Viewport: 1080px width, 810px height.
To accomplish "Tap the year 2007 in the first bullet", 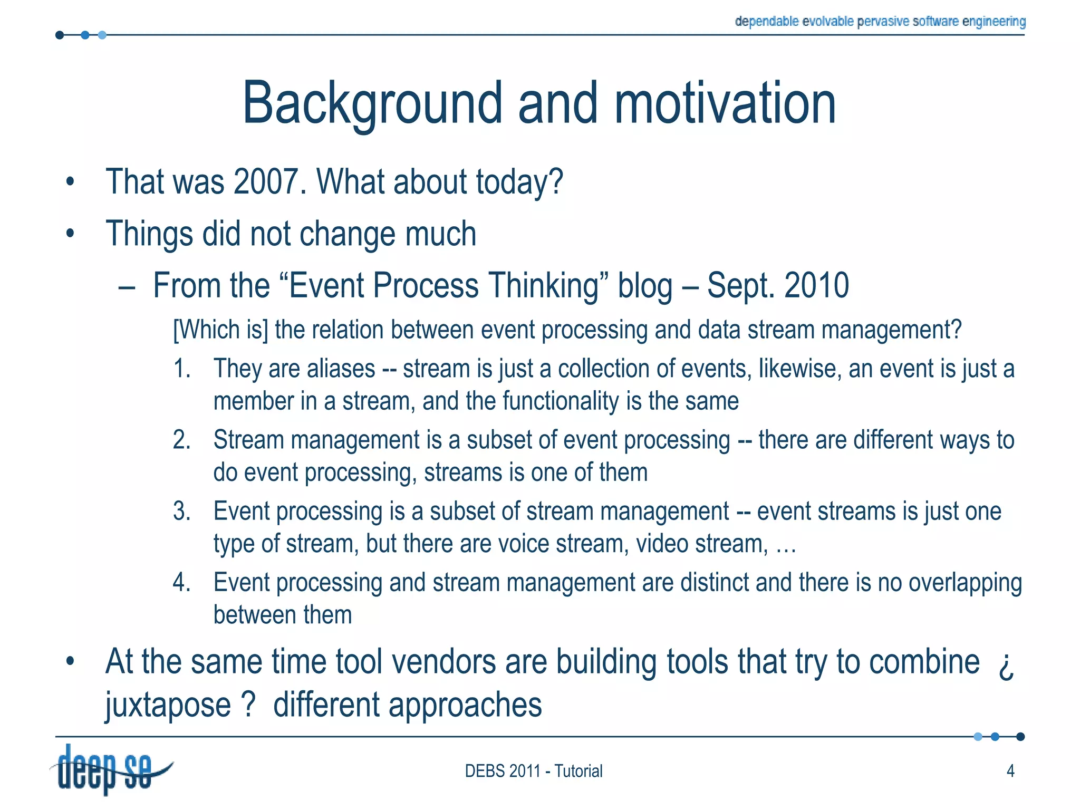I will pyautogui.click(x=269, y=181).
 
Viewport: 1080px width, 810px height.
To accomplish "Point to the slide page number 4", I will pyautogui.click(x=1010, y=771).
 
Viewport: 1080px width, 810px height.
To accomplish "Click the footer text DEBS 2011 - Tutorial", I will pyautogui.click(x=533, y=771).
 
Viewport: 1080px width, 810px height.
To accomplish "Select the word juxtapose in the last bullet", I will pyautogui.click(x=168, y=706).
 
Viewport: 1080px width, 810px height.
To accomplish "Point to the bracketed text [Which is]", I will pyautogui.click(x=220, y=330).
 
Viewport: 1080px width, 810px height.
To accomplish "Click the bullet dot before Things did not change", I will pyautogui.click(x=70, y=233).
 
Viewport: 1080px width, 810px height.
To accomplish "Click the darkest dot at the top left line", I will pyautogui.click(x=60, y=35).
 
